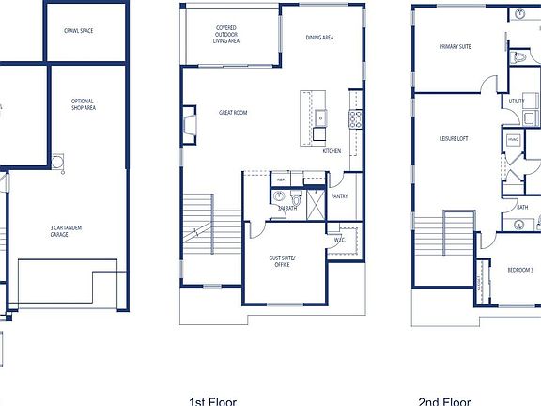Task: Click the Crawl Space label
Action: point(78,31)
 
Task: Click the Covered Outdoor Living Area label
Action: point(225,35)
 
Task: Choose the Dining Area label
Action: point(320,38)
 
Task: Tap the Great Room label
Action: point(232,113)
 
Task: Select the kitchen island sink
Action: point(320,117)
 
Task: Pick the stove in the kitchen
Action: point(356,118)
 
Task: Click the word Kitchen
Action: point(332,151)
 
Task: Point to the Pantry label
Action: point(339,196)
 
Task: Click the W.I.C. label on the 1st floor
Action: point(339,239)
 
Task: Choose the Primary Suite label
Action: point(456,47)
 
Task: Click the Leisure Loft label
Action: point(453,139)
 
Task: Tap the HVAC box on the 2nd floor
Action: point(513,140)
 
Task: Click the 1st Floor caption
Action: point(212,401)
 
